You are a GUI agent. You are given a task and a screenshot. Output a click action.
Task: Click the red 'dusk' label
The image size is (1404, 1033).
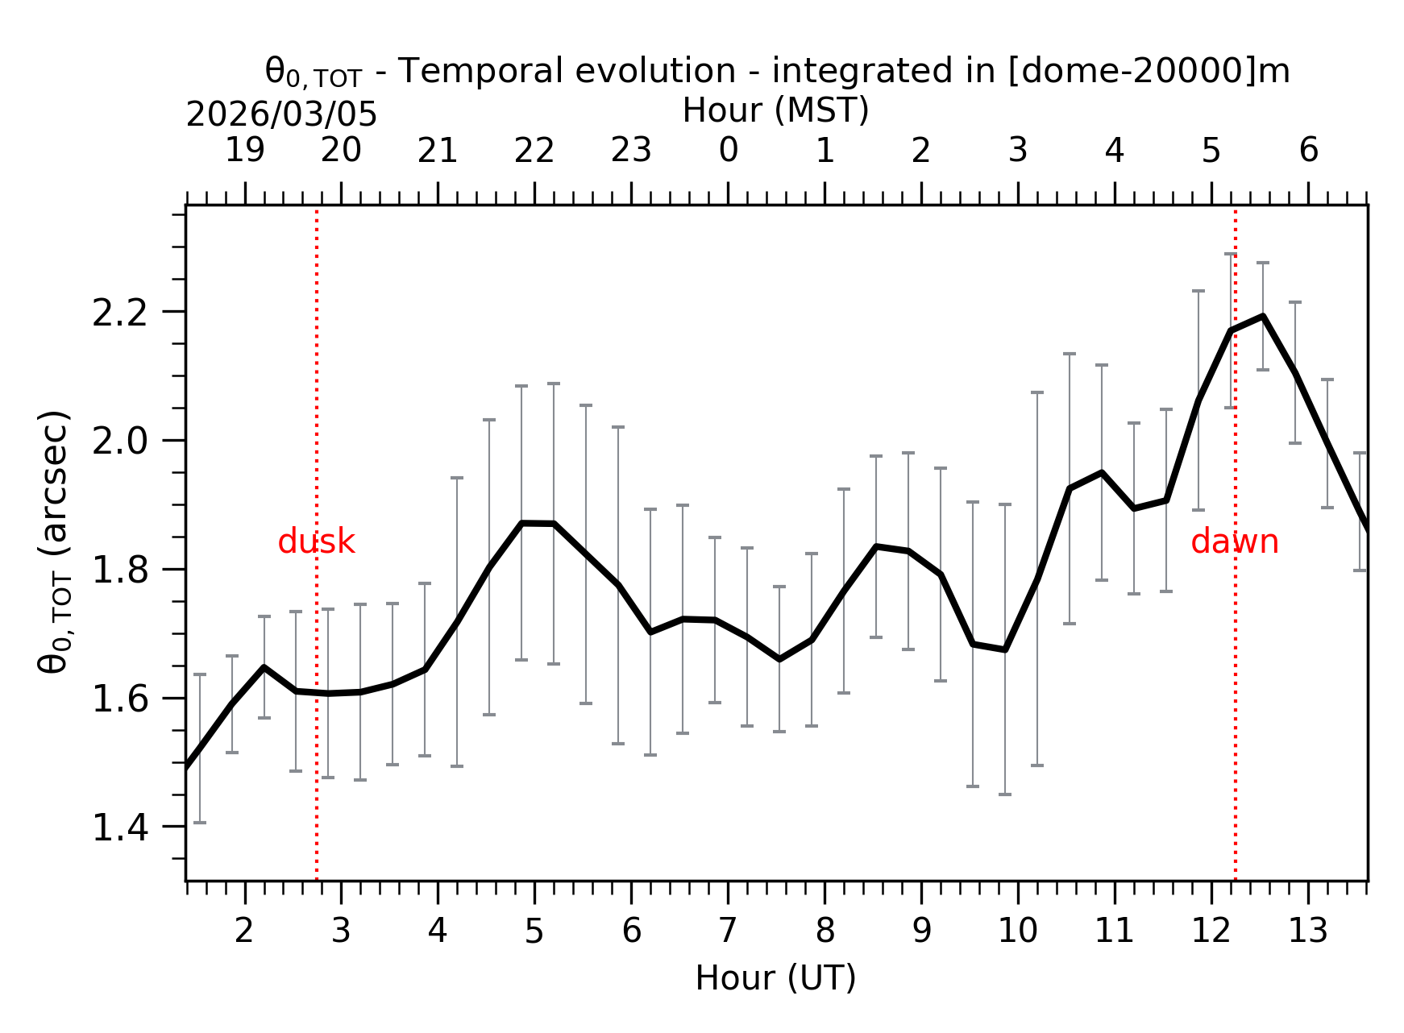click(316, 542)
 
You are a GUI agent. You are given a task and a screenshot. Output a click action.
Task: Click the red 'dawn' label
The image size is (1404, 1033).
click(1234, 542)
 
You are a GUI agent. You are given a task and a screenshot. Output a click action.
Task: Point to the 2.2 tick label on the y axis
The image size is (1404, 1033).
click(120, 313)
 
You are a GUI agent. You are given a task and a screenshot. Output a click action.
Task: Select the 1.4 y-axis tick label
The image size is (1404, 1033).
click(120, 828)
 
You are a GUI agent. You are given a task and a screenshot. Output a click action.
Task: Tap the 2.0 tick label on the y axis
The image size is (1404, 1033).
click(120, 442)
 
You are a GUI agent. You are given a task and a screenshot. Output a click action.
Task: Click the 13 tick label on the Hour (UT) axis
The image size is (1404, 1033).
click(1307, 931)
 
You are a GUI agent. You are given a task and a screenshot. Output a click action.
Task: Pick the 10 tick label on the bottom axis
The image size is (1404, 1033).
click(1017, 931)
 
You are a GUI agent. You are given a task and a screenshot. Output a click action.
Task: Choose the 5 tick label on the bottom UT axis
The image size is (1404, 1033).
click(534, 931)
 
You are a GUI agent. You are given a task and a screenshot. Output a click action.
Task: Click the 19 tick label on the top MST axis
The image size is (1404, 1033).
click(244, 151)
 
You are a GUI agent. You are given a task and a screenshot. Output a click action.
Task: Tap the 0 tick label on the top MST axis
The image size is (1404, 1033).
click(728, 151)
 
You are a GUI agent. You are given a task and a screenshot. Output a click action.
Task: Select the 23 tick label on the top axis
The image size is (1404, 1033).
click(630, 151)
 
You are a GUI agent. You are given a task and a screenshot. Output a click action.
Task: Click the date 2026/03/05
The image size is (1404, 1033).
click(281, 115)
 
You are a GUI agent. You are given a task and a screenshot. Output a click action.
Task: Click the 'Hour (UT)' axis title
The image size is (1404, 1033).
click(775, 978)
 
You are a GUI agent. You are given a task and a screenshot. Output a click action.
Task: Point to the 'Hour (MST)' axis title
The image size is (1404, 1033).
click(775, 110)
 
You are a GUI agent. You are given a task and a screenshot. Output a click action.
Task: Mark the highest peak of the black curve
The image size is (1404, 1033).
click(1263, 316)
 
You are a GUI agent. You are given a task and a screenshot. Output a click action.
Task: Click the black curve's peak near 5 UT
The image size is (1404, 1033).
click(522, 523)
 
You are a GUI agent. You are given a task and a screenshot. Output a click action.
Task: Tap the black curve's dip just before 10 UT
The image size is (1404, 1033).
click(1005, 649)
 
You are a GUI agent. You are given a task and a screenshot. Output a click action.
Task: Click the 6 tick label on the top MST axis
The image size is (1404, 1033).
click(1308, 151)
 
